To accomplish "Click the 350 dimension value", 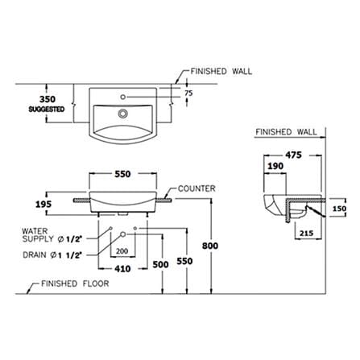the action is pos(48,99).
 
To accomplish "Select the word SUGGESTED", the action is pos(47,110).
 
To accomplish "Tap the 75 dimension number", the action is pos(188,93).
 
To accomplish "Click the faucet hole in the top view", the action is pos(123,97).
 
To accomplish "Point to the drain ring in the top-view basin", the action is pos(123,114).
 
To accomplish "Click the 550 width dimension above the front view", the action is pos(122,174).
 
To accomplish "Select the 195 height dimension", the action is pos(43,205).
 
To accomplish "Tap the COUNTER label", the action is pos(197,188).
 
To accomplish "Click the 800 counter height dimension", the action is pos(210,246).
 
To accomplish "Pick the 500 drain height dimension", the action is pos(160,264).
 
